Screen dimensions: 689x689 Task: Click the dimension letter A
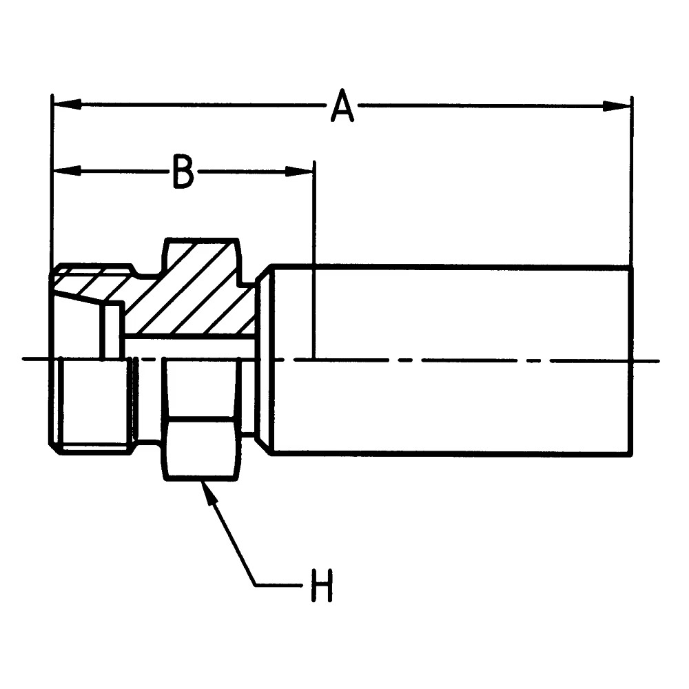342,106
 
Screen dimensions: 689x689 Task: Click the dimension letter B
183,172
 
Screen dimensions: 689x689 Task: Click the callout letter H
322,585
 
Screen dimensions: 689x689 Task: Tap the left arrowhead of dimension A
67,105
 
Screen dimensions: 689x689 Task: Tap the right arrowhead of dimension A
617,106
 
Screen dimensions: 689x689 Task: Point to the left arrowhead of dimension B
67,171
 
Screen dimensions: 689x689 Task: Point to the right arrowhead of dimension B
299,172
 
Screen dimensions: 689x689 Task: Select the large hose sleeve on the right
453,361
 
